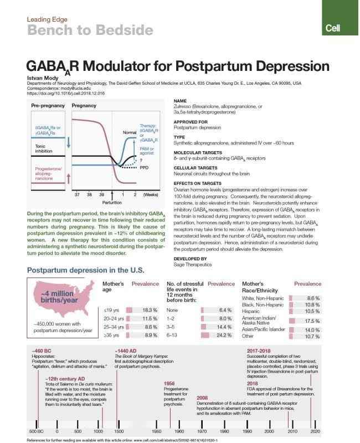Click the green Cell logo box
341,27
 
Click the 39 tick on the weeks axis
102,194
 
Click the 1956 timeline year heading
170,383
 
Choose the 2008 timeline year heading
202,398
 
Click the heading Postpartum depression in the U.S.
86,271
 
